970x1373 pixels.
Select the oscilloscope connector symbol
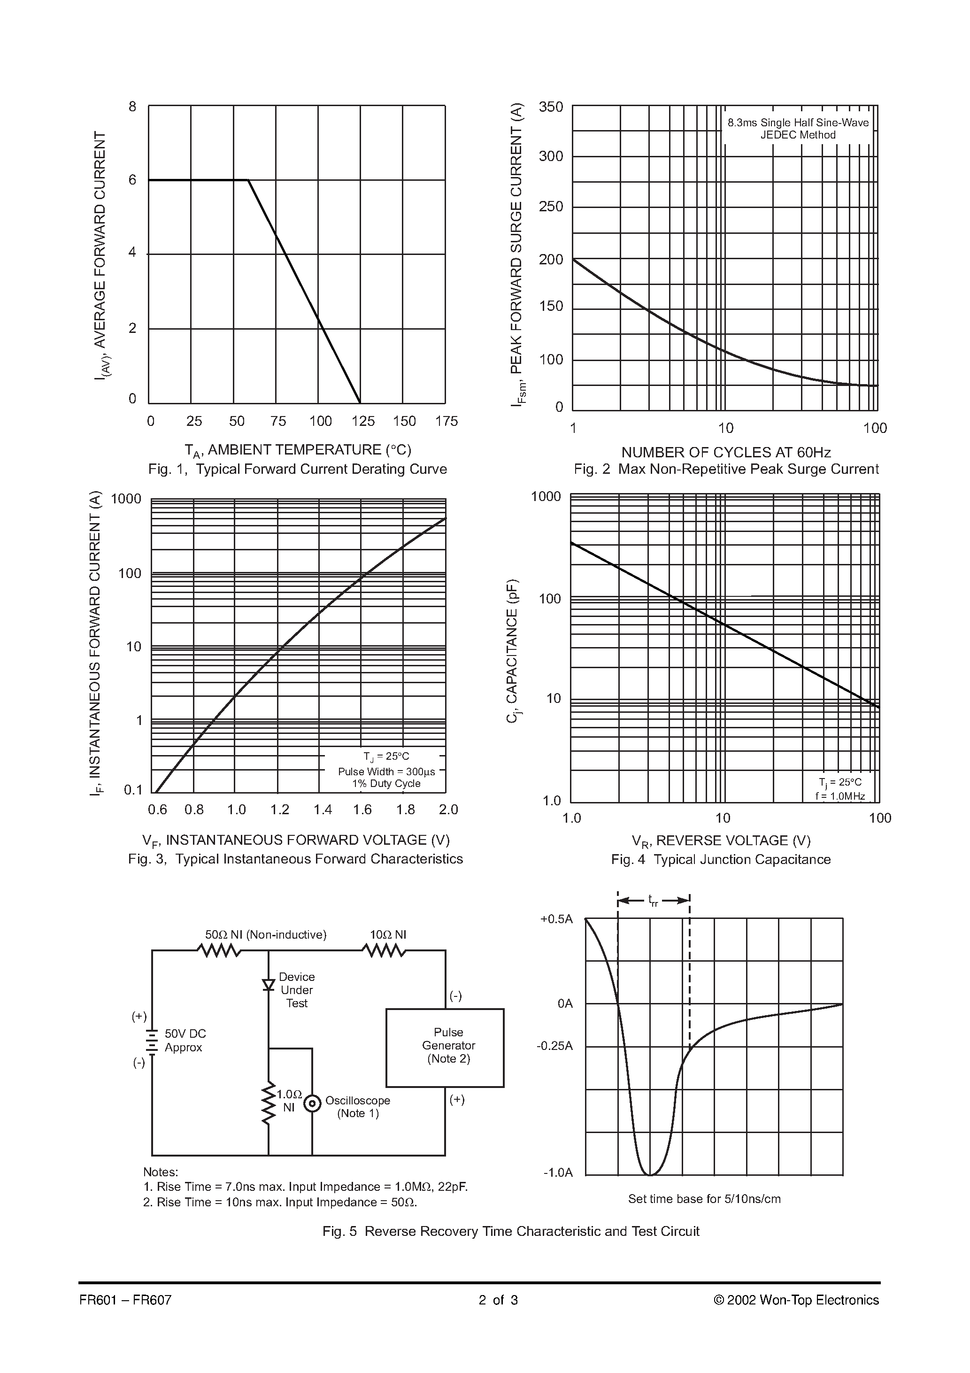coord(312,1103)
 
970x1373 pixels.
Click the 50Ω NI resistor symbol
coord(219,950)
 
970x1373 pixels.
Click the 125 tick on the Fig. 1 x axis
coord(363,421)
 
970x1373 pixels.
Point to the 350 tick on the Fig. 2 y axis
coord(551,107)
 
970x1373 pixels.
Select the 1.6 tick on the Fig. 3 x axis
coord(362,810)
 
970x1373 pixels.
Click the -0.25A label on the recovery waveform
coord(554,1046)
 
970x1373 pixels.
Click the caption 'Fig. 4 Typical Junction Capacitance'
coord(721,859)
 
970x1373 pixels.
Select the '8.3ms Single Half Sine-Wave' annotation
coord(798,123)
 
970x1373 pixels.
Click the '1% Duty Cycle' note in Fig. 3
coord(386,783)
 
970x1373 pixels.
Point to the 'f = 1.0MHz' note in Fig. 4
coord(839,796)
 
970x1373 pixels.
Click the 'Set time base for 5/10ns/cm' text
coord(704,1198)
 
